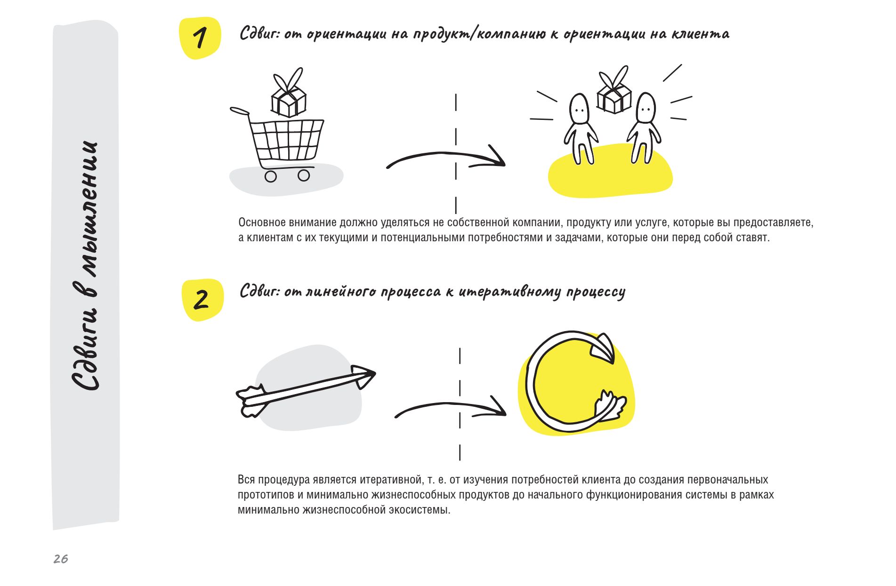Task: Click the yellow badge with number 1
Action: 200,38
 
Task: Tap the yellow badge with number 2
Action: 202,300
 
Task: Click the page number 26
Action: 61,559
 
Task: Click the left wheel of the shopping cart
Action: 271,176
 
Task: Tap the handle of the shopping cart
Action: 240,111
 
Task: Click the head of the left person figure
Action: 579,109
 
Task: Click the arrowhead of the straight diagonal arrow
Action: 363,376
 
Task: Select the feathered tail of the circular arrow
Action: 611,404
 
